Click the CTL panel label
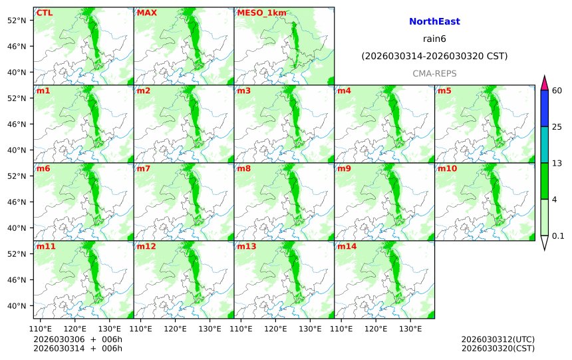pos(45,13)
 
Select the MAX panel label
pos(146,13)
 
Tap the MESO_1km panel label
pos(256,13)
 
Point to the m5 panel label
pos(444,90)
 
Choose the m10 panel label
pos(447,168)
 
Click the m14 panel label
pos(347,246)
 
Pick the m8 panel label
pos(244,168)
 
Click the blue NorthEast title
pos(434,22)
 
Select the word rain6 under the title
pos(434,39)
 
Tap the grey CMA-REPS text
pos(434,73)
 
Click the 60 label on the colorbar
pos(557,90)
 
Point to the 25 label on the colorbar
pos(557,127)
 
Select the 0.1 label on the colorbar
pos(558,236)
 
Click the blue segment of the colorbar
pos(544,108)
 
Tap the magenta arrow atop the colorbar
pos(544,83)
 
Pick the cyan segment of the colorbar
pos(544,145)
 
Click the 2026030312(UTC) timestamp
pos(498,339)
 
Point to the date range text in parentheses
pos(434,57)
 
